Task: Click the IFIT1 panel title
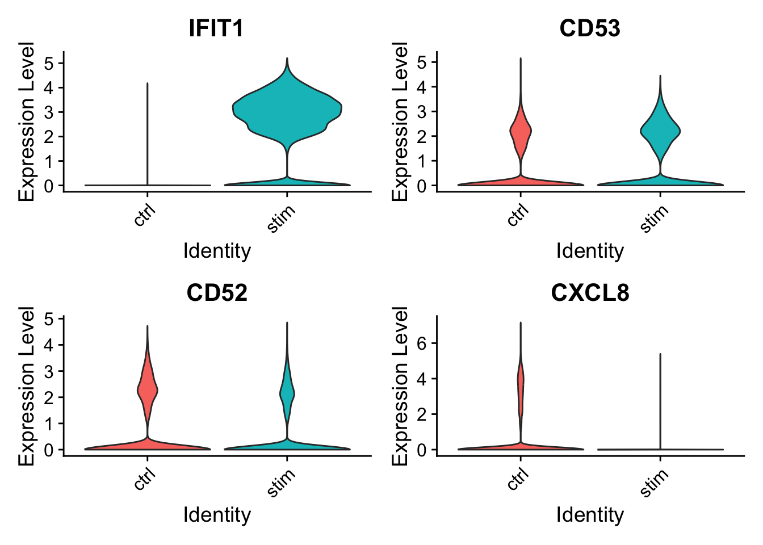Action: tap(216, 28)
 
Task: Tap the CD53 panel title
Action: tap(589, 28)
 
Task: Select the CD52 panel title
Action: tap(217, 293)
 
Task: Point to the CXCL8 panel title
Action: tap(590, 293)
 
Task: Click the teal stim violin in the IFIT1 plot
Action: tap(287, 114)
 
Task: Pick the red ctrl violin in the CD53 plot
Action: tap(521, 132)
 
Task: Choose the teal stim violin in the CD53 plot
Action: tap(660, 132)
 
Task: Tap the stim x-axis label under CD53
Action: tap(655, 219)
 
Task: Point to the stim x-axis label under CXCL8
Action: tap(655, 484)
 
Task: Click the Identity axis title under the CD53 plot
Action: tap(590, 250)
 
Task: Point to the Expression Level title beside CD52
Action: tap(27, 386)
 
